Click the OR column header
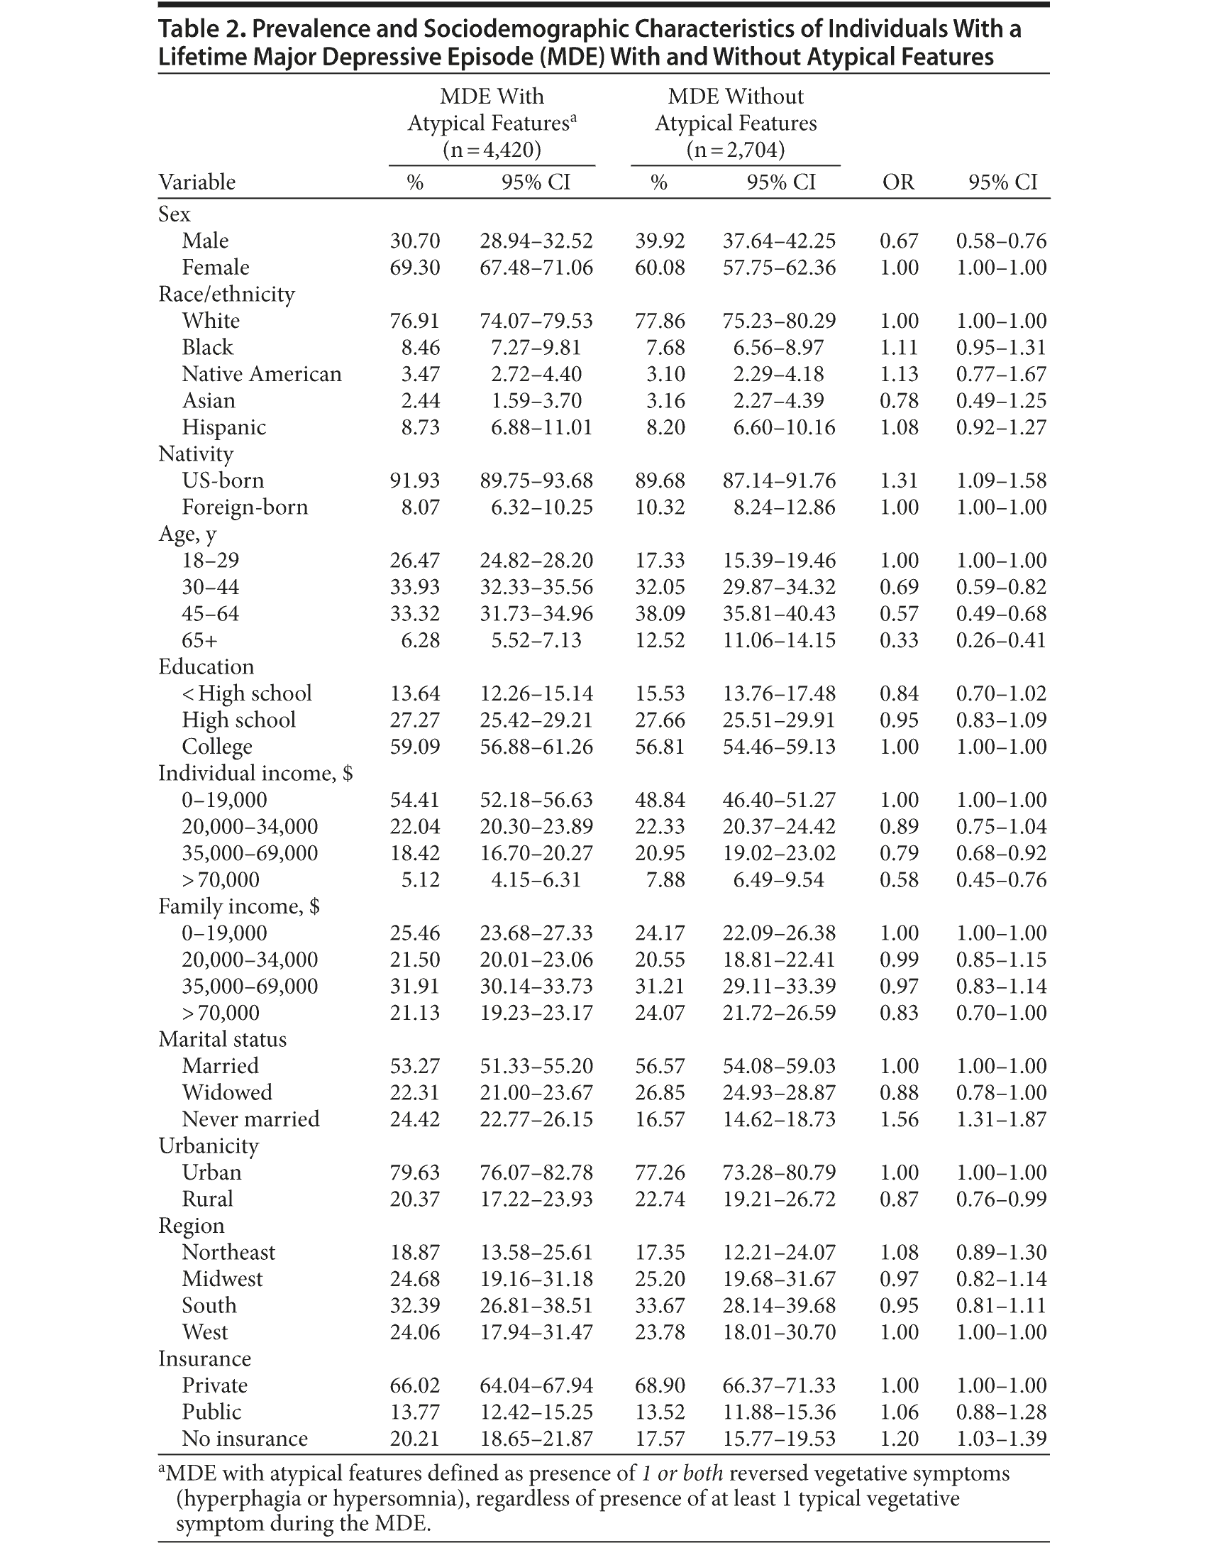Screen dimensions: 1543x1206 (898, 182)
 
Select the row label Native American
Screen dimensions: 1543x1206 (261, 374)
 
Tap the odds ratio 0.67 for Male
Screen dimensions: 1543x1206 (899, 241)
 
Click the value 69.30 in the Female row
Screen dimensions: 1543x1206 (415, 268)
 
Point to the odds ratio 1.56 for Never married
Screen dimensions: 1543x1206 (899, 1119)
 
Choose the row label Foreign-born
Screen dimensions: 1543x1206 (245, 507)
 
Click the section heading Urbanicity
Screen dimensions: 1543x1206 (208, 1146)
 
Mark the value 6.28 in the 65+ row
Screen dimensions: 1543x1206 (420, 640)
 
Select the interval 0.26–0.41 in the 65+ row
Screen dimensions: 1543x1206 (1001, 640)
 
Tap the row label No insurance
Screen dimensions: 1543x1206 (245, 1439)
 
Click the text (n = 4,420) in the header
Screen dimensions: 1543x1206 (492, 150)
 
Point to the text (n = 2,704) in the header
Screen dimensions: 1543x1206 (736, 150)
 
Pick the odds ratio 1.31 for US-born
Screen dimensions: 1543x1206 (899, 481)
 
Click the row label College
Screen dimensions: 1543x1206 (217, 747)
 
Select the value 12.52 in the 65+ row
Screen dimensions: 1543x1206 (660, 640)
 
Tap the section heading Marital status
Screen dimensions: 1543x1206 (222, 1039)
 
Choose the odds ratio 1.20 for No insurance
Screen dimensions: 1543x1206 (899, 1439)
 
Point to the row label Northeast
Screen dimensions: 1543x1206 (228, 1252)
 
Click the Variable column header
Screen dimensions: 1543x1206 (197, 182)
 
